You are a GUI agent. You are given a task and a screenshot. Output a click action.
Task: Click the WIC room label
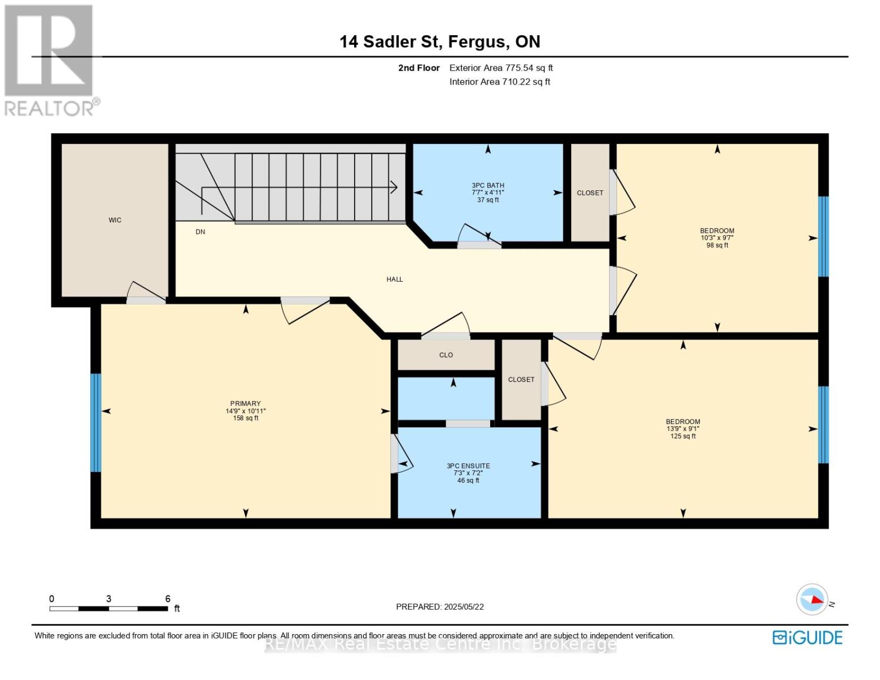tap(115, 220)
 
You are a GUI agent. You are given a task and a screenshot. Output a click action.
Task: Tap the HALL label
tap(394, 279)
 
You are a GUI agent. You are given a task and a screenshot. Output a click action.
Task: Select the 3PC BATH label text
tap(487, 185)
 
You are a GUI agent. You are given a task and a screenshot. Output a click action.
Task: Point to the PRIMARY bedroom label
tap(245, 403)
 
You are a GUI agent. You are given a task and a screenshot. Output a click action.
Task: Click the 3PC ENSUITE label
tap(468, 466)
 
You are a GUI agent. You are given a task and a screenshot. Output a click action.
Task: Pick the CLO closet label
tap(446, 355)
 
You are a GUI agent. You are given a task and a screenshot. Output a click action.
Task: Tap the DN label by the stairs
tap(200, 232)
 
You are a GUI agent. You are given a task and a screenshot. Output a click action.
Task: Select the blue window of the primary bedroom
tap(96, 422)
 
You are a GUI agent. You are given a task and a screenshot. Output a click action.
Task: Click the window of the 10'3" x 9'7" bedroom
tap(823, 236)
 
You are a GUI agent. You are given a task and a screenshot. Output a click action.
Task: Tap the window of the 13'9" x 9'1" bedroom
tap(823, 425)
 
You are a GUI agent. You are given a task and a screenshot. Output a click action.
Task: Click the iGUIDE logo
tap(807, 637)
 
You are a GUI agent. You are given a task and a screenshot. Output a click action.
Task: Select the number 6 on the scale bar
tap(168, 598)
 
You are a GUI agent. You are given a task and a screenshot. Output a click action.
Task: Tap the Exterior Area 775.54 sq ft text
tap(501, 68)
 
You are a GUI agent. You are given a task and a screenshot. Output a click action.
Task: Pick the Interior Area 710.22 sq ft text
tap(500, 82)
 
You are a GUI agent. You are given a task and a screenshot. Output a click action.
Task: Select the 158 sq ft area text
tap(245, 418)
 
